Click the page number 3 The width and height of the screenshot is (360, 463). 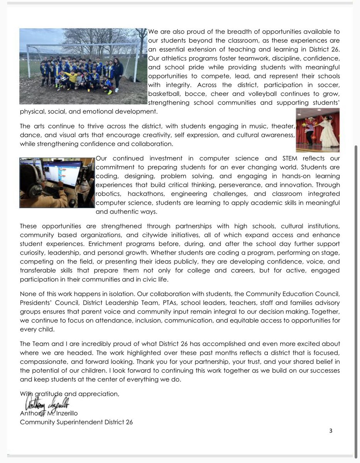pyautogui.click(x=331, y=431)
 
